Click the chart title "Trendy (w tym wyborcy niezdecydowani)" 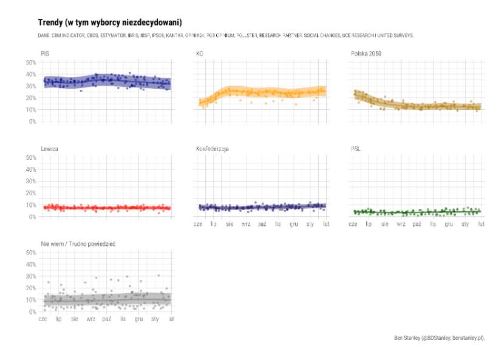tap(109, 22)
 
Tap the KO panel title tap(200, 53)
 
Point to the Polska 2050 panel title tap(366, 53)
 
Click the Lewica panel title tap(50, 149)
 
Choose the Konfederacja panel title tap(212, 149)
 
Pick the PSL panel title tap(355, 149)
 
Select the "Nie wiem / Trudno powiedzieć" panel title tap(78, 243)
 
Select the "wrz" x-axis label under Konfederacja tap(246, 224)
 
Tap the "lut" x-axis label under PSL tap(482, 224)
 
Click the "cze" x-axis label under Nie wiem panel tap(43, 319)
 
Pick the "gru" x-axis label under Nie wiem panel tap(138, 319)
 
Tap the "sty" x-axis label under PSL tap(465, 224)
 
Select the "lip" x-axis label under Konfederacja tap(214, 224)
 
